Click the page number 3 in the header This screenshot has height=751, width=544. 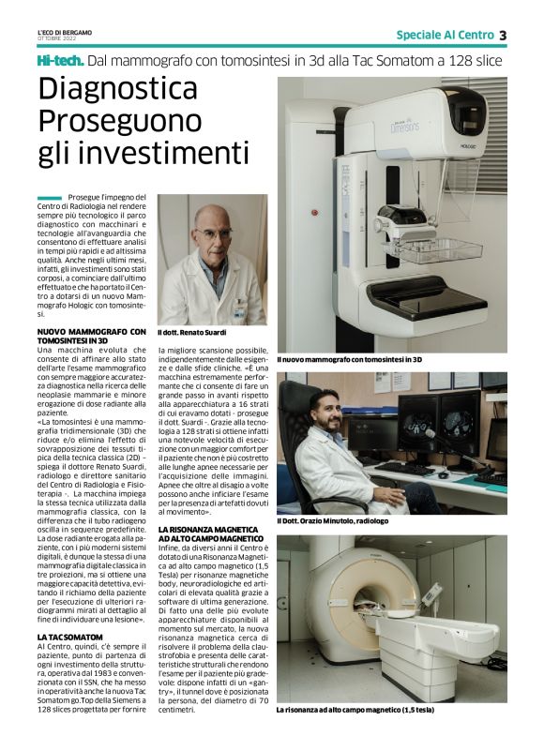click(503, 35)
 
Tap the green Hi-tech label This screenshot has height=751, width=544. click(60, 61)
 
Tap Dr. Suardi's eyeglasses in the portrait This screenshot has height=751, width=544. click(213, 233)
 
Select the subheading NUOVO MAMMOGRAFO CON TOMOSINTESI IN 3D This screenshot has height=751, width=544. click(92, 336)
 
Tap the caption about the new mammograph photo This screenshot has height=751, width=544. click(349, 359)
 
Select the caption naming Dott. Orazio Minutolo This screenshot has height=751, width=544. click(339, 521)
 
